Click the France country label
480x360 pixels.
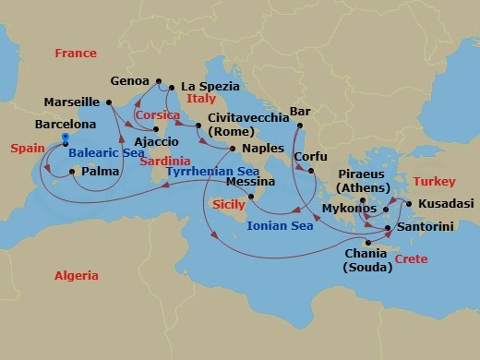tap(75, 54)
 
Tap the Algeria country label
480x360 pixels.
tap(76, 275)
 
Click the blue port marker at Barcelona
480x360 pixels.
tap(66, 138)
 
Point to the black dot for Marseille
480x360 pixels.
tap(109, 102)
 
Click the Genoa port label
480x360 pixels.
tap(130, 80)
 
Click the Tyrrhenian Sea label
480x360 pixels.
tap(211, 172)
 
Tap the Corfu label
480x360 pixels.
tap(310, 156)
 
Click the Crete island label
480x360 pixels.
tap(411, 259)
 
